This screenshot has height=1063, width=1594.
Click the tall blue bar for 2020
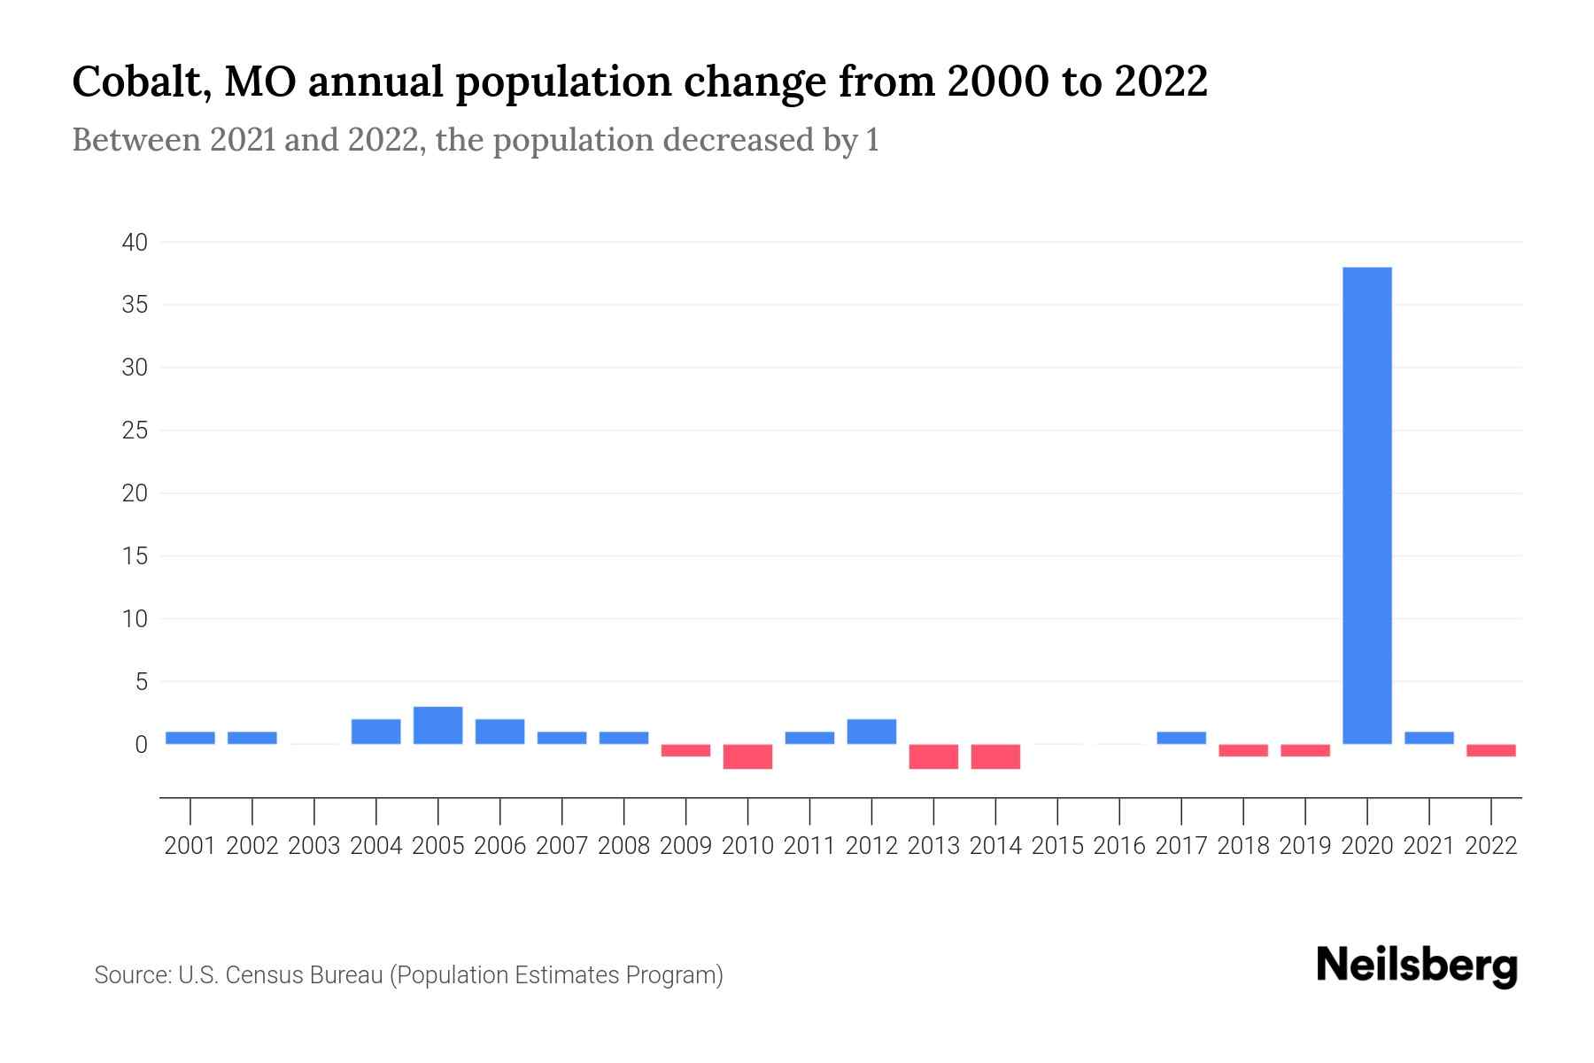pyautogui.click(x=1367, y=505)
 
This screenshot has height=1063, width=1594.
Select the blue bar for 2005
pyautogui.click(x=437, y=725)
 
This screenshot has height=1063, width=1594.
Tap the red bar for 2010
pyautogui.click(x=747, y=757)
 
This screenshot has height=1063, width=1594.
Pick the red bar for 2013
pyautogui.click(x=933, y=757)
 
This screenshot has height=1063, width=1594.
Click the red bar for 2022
pyautogui.click(x=1491, y=750)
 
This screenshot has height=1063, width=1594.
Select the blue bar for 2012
pyautogui.click(x=871, y=732)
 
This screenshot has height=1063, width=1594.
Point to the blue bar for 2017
pyautogui.click(x=1181, y=738)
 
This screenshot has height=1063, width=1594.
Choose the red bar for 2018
pyautogui.click(x=1243, y=750)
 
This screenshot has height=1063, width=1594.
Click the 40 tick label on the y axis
pyautogui.click(x=135, y=242)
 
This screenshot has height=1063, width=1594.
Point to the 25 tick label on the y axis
pyautogui.click(x=135, y=431)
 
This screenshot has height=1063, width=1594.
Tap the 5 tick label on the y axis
pyautogui.click(x=141, y=682)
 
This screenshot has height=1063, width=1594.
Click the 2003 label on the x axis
pyautogui.click(x=314, y=846)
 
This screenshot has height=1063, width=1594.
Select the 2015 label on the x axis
pyautogui.click(x=1057, y=846)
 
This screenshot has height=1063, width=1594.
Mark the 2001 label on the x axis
pyautogui.click(x=190, y=846)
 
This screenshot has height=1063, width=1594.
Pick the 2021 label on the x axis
pyautogui.click(x=1429, y=846)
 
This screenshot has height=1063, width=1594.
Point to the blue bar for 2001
pyautogui.click(x=190, y=738)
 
